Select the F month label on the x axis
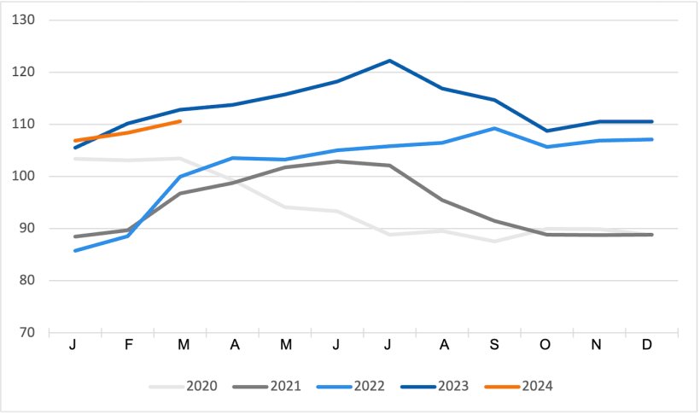click(x=128, y=345)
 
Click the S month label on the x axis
click(x=495, y=345)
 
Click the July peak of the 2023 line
click(x=390, y=61)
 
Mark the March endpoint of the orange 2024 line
click(x=180, y=121)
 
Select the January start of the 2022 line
click(x=76, y=251)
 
